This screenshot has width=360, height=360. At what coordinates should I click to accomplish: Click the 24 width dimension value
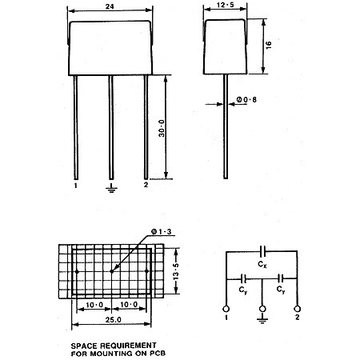pos(110,6)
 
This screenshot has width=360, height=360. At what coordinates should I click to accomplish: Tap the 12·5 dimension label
pos(226,5)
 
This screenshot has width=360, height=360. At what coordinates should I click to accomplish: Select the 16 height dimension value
pos(269,45)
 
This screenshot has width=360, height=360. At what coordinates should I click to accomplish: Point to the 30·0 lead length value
pos(162,128)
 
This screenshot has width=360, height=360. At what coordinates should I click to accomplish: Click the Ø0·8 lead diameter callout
pos(246,100)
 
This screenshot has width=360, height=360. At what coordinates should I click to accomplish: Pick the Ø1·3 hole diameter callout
pos(162,232)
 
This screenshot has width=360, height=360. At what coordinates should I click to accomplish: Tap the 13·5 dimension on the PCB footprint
pos(176,271)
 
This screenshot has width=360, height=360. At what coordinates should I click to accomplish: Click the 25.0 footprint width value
pos(114,319)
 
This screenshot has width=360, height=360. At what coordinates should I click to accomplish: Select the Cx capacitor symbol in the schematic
pos(262,251)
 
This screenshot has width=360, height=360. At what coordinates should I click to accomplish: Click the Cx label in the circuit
pos(262,264)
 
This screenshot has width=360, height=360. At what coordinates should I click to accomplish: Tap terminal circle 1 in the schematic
pos(226,309)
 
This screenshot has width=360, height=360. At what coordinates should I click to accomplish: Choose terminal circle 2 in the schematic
pos(297,309)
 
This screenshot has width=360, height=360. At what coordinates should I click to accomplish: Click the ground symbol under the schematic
pos(262,320)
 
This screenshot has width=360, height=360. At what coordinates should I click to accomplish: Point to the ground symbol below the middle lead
pos(111,188)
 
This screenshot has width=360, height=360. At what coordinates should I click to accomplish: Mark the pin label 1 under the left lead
pos(76,186)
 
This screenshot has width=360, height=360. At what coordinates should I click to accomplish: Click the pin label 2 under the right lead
pos(146,185)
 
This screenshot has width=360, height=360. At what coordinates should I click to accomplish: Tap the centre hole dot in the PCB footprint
pos(111,271)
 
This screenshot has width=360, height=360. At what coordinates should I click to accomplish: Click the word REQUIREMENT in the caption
pos(128,346)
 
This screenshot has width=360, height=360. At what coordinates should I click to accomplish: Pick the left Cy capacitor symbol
pos(243,279)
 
